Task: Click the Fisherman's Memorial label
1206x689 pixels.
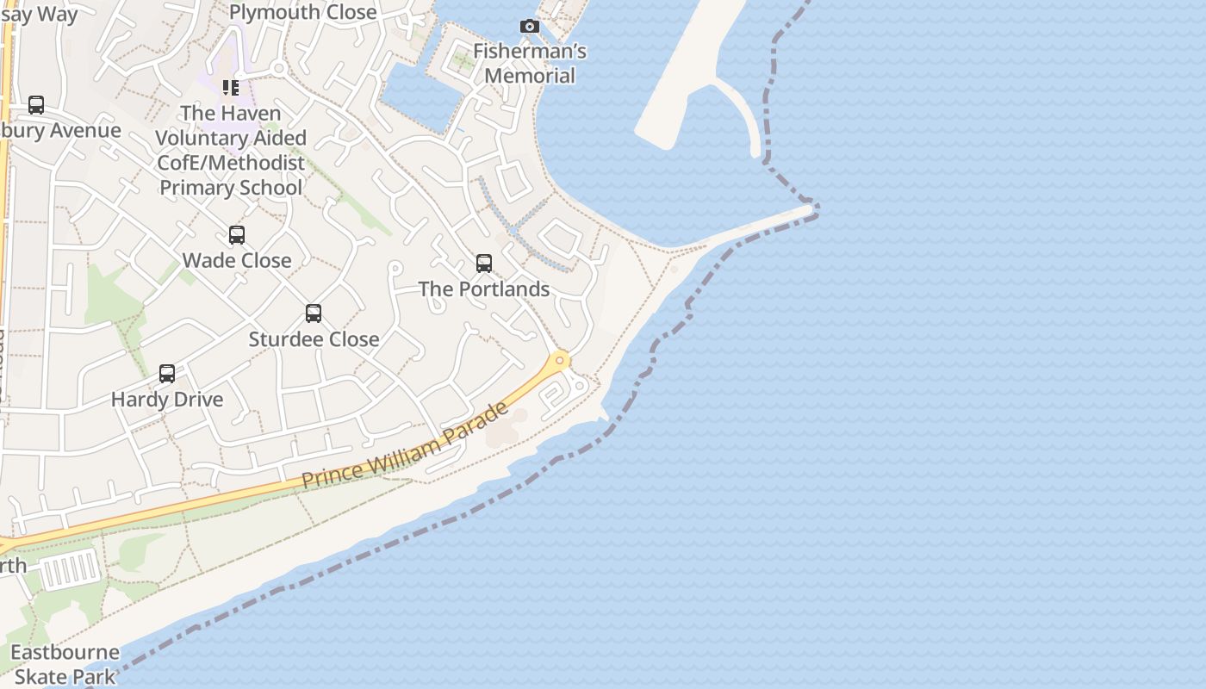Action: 530,64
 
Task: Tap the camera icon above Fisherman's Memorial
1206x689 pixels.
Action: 530,27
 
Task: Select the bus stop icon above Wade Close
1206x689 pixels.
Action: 236,234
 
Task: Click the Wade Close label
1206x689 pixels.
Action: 237,260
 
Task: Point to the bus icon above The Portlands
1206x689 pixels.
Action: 484,264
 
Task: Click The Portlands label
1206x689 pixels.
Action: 484,289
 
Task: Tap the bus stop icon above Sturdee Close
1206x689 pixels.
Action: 314,313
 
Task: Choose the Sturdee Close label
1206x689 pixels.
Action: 314,339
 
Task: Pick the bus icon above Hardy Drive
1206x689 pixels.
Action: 167,374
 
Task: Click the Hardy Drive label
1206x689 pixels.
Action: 167,400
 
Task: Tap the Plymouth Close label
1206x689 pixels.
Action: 302,12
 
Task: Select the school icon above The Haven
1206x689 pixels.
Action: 230,88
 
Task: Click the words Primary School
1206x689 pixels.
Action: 231,188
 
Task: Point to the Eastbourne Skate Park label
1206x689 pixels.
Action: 65,664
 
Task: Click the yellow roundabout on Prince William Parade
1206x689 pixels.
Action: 560,360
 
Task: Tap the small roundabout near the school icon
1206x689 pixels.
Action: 277,68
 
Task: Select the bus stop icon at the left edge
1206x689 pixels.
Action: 35,105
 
